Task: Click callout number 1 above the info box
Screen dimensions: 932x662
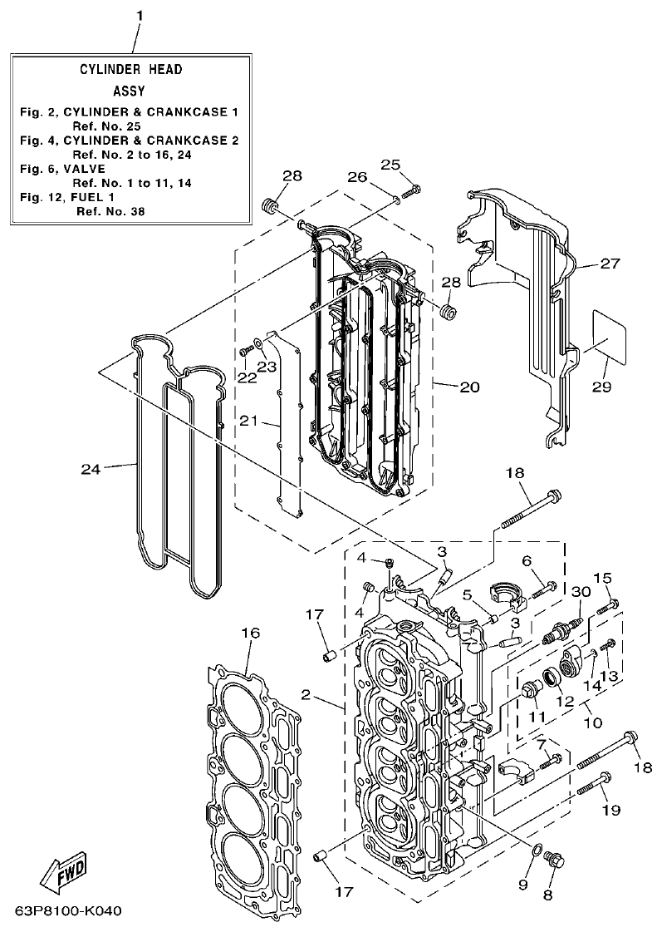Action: click(x=140, y=16)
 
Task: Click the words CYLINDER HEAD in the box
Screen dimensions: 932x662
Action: click(x=130, y=70)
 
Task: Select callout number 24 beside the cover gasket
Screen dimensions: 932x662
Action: click(x=91, y=470)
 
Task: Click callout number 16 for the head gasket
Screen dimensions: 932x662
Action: click(x=250, y=634)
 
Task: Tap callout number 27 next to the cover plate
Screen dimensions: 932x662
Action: click(x=610, y=264)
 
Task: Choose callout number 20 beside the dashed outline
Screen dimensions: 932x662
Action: click(x=469, y=387)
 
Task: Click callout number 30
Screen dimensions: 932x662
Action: click(x=581, y=591)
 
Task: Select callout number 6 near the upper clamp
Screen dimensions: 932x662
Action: click(x=526, y=561)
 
